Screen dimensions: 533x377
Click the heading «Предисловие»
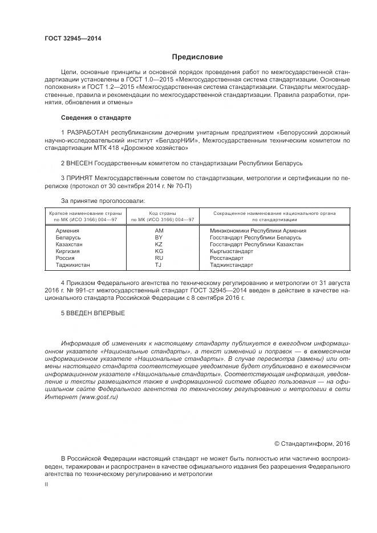pyautogui.click(x=197, y=57)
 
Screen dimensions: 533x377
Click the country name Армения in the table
pyautogui.click(x=68, y=230)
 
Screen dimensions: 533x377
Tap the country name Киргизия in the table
pyautogui.click(x=68, y=251)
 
